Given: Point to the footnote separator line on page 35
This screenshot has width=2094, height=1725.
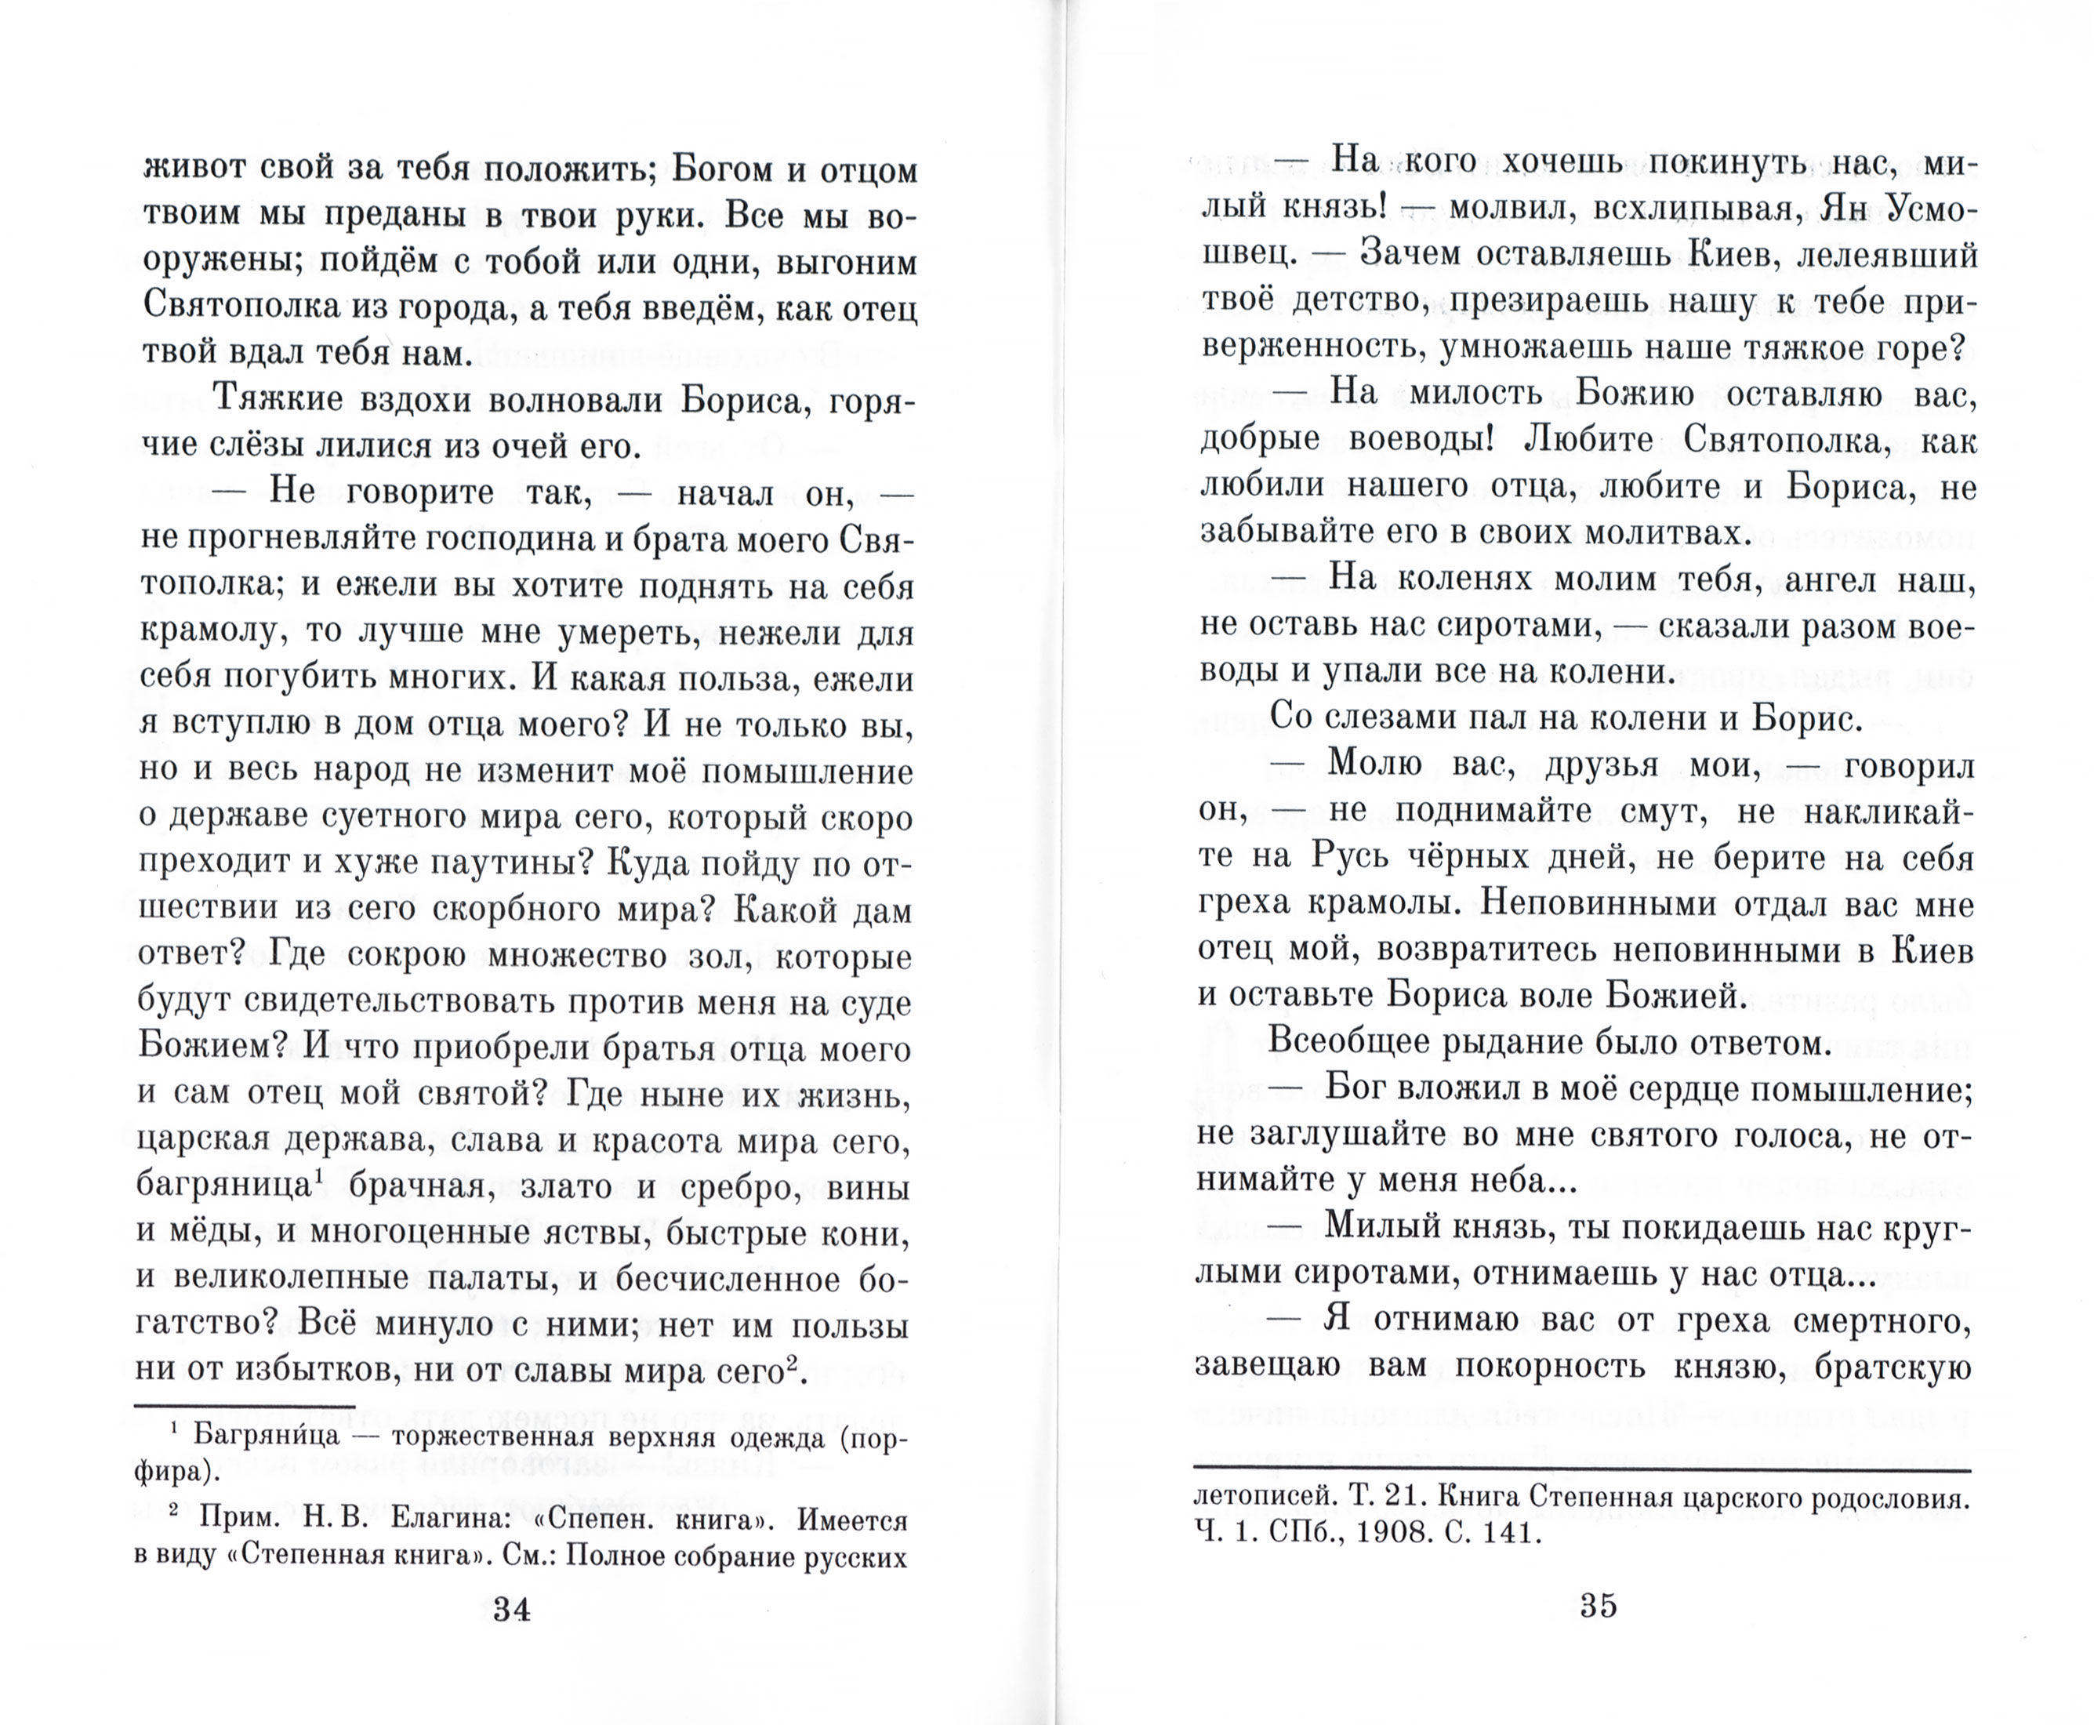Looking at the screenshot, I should pyautogui.click(x=1581, y=1469).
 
